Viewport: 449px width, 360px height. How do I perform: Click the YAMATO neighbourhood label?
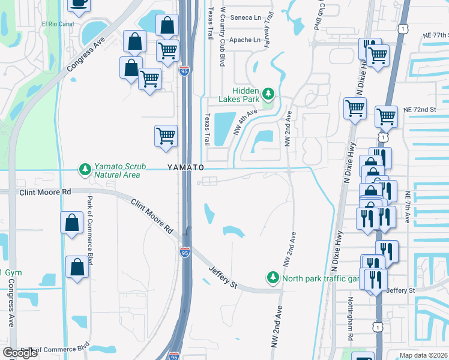pos(186,167)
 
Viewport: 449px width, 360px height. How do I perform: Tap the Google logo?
pos(20,353)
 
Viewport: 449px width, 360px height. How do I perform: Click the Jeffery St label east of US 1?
pos(400,290)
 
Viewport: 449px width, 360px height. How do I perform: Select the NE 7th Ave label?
pos(408,207)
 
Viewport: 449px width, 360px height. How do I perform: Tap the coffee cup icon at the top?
pos(78,4)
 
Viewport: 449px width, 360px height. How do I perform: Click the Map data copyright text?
pos(424,355)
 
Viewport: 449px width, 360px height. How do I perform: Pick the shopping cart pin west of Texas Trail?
pos(166,136)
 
